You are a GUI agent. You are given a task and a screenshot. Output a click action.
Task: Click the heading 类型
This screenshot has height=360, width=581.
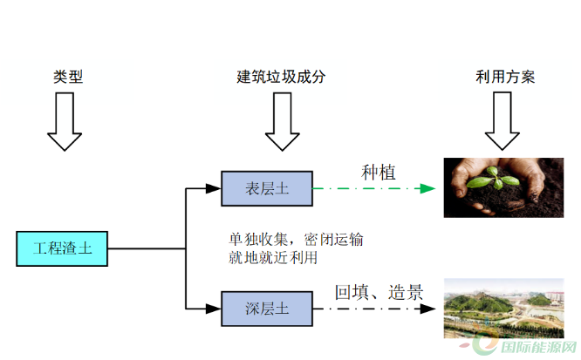67,77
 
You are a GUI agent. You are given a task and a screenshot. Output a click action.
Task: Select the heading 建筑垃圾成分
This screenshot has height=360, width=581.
281,77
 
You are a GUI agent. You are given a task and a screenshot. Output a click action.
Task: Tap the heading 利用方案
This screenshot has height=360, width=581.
505,77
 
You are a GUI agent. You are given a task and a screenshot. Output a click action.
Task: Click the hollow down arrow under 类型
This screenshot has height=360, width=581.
65,121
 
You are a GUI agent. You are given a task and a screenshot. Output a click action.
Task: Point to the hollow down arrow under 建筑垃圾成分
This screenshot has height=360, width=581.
282,121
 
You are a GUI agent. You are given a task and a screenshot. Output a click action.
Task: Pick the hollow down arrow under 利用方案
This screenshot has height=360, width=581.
502,121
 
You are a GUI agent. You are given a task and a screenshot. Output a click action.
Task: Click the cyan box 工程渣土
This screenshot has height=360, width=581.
62,248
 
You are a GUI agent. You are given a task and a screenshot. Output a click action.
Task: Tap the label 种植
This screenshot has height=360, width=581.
379,173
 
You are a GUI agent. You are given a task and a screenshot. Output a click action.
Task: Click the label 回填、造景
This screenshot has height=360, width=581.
379,292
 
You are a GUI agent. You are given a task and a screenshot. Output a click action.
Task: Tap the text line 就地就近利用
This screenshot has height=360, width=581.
273,258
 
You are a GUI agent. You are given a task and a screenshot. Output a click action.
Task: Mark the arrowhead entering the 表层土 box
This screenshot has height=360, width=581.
214,187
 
